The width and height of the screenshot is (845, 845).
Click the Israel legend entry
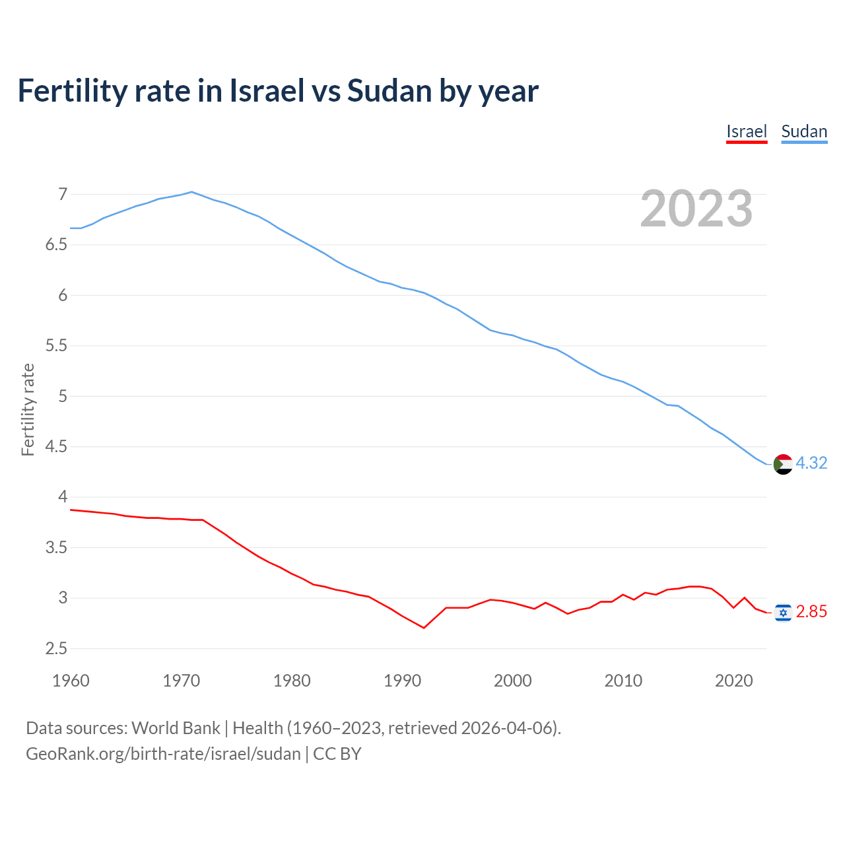tap(746, 131)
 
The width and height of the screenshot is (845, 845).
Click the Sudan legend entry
tap(803, 131)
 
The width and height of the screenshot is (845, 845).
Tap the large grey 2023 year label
tap(696, 209)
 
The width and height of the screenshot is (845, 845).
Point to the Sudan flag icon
tap(782, 464)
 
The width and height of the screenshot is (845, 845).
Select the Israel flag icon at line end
tap(782, 613)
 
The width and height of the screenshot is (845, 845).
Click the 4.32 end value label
tap(811, 463)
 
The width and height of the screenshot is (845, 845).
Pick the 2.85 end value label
tap(811, 612)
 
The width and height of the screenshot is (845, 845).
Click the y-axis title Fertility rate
tap(28, 409)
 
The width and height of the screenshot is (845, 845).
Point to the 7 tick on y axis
tap(63, 194)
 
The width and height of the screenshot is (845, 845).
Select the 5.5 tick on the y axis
tap(57, 345)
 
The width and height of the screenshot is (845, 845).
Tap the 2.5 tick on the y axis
tap(57, 648)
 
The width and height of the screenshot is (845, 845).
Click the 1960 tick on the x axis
tap(71, 681)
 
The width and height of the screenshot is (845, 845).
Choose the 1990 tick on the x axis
tap(402, 681)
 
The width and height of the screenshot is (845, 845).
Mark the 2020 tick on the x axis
tap(733, 681)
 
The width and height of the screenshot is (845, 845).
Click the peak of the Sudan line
tap(191, 192)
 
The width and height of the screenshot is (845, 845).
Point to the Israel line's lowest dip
tap(424, 628)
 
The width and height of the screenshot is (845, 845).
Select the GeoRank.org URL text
tap(163, 754)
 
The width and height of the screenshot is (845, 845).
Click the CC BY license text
tap(337, 754)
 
